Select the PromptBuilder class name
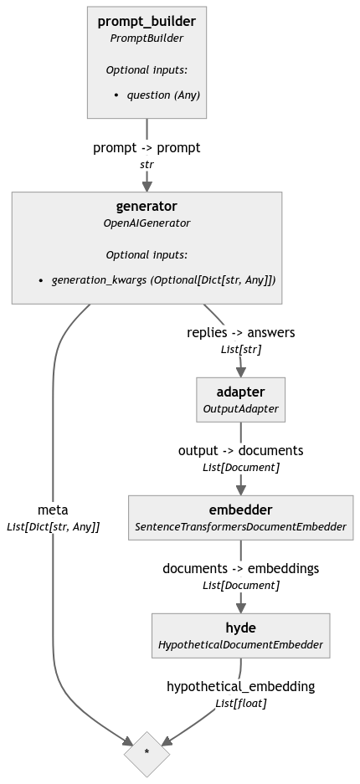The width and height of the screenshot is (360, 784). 147,38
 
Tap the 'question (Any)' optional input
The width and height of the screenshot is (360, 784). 162,95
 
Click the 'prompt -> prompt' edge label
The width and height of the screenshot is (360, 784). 147,147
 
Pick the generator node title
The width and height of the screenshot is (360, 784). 147,206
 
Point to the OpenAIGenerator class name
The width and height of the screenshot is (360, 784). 147,223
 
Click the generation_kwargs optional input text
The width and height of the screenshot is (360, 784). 163,279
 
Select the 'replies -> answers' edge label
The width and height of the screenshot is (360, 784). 241,332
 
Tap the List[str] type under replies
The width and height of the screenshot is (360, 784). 241,350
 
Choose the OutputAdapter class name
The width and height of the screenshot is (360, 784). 241,408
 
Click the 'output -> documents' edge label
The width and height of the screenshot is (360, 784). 241,450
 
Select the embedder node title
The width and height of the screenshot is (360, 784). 241,510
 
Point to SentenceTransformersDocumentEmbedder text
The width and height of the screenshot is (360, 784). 241,526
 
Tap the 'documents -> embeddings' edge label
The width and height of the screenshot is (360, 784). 241,568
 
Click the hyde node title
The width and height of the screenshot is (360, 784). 241,628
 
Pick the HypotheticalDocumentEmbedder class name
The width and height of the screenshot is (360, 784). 241,644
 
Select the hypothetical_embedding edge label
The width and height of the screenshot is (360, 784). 241,686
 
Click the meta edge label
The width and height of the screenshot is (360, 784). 54,509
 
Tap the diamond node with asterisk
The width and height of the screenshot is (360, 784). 147,752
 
